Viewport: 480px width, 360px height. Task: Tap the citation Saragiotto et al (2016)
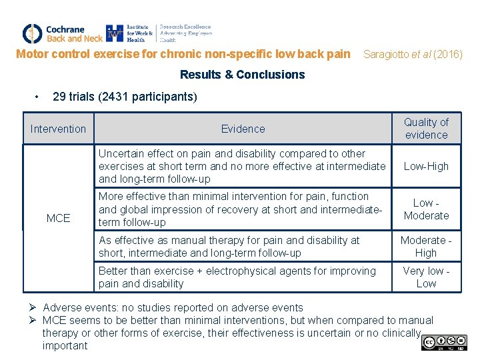pos(412,54)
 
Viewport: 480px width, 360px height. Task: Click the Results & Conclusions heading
pos(242,75)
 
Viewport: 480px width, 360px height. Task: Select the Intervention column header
pos(58,129)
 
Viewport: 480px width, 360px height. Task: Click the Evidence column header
pos(243,129)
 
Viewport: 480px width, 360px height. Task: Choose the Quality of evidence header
pos(426,129)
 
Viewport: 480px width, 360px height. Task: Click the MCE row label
pos(58,218)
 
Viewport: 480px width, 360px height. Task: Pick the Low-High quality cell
pos(426,167)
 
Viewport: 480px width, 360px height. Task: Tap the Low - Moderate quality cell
pos(426,209)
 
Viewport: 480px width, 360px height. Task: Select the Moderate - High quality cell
pos(426,247)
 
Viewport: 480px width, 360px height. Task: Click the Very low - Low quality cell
pos(426,277)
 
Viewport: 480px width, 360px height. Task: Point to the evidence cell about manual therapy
pos(229,247)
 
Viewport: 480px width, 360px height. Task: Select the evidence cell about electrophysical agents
pos(237,277)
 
